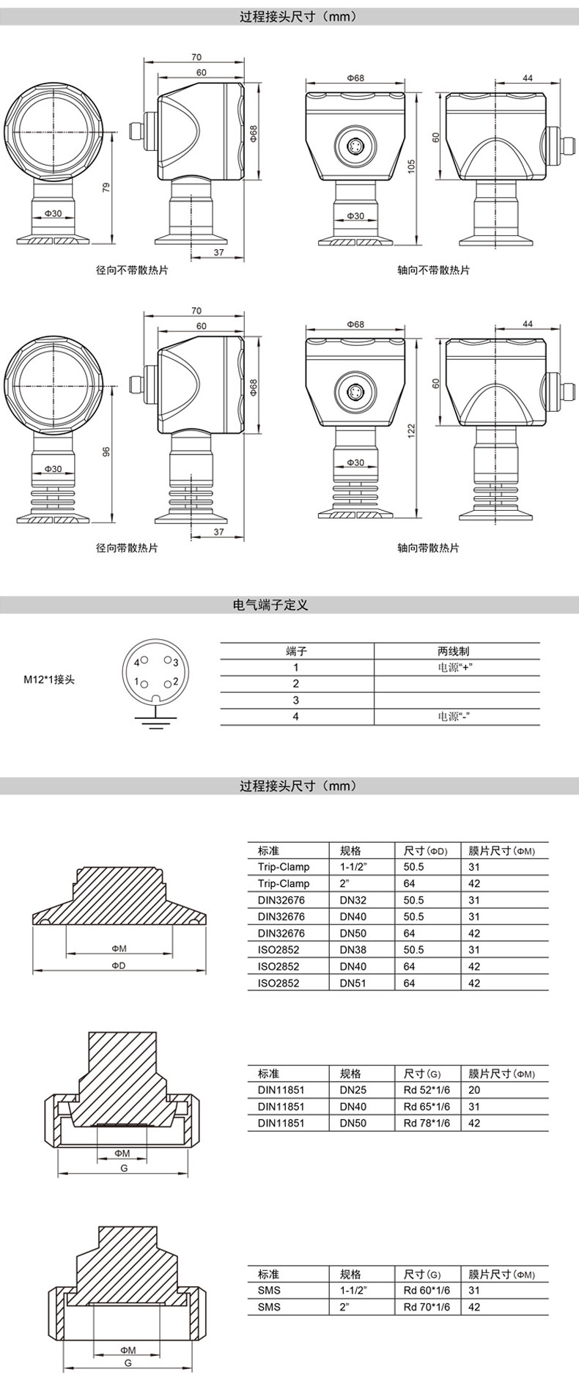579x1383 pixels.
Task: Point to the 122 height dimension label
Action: [412, 428]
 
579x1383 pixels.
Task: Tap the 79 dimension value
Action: [106, 188]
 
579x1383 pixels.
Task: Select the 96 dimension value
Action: [106, 452]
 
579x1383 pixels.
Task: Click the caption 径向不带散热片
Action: [132, 270]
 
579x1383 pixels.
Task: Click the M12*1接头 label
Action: [49, 679]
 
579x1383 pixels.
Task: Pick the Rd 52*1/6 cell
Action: [427, 1090]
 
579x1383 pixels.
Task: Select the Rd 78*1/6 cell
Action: [427, 1123]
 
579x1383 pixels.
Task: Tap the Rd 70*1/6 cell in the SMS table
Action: [427, 1307]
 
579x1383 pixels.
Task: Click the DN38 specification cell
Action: [353, 950]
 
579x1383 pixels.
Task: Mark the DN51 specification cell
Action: [353, 983]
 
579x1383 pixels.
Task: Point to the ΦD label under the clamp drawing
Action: [119, 965]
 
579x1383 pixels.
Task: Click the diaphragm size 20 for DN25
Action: [473, 1090]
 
